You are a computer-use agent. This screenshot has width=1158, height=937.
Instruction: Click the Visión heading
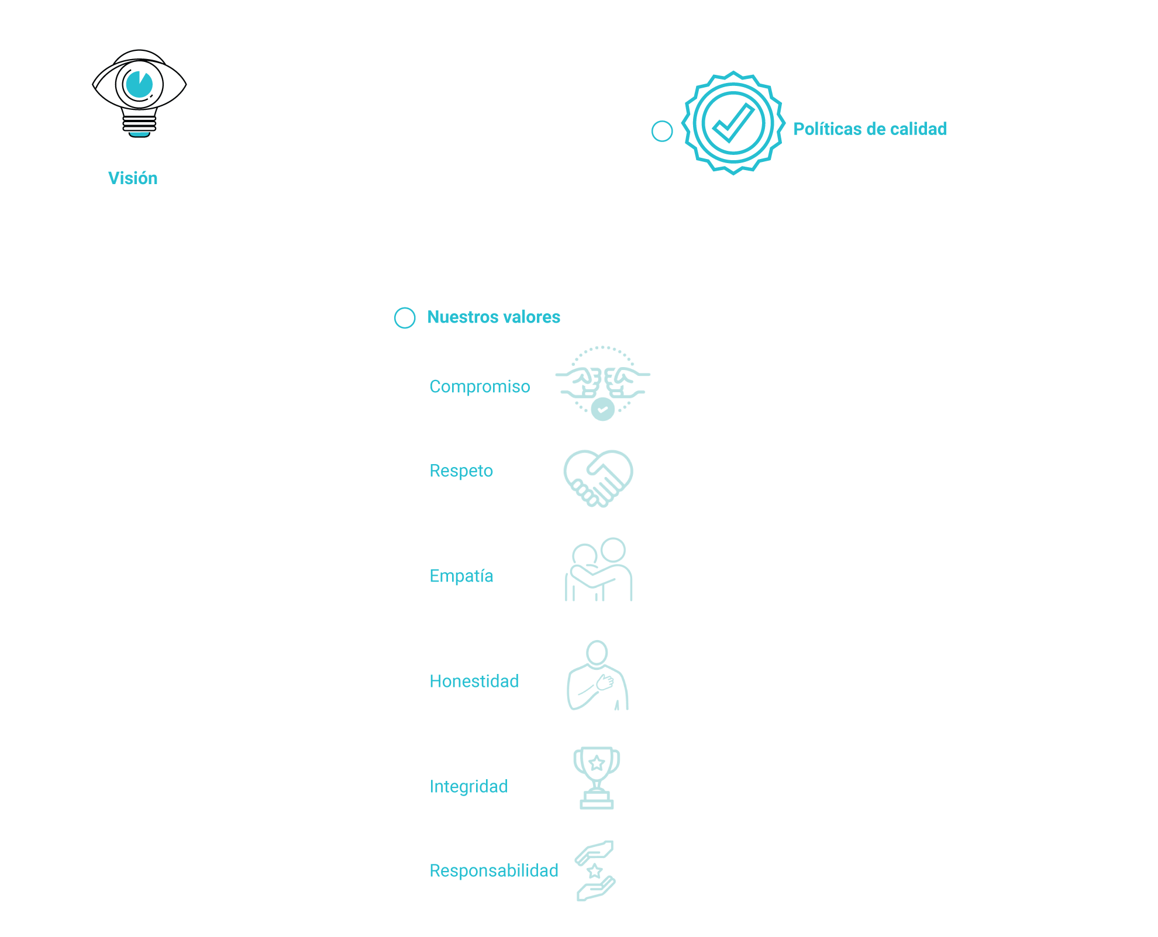tap(133, 178)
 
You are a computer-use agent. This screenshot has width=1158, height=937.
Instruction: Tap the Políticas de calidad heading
tap(870, 129)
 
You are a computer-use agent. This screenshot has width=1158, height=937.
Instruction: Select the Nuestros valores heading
tap(494, 317)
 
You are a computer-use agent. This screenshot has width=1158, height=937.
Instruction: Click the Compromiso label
tap(480, 387)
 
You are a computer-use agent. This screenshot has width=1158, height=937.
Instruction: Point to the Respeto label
tap(461, 471)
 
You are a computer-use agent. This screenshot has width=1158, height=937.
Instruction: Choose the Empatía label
tap(461, 576)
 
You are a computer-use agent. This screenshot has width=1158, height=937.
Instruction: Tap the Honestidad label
tap(474, 682)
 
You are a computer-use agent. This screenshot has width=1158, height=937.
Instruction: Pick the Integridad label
tap(468, 787)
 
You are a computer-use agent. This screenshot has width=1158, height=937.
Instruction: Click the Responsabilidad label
tap(494, 871)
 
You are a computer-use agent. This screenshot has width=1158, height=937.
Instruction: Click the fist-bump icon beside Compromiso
tap(602, 383)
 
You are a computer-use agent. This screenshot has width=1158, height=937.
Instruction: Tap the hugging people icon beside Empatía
tap(599, 570)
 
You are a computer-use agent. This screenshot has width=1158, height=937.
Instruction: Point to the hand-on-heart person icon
tap(598, 676)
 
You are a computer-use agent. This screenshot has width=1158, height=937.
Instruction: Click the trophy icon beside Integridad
tap(597, 777)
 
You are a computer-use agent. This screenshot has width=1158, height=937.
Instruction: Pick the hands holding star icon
tap(595, 870)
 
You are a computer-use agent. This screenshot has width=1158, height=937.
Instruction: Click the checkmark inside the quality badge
tap(732, 123)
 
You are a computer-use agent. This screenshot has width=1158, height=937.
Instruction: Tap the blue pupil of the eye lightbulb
tap(139, 84)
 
